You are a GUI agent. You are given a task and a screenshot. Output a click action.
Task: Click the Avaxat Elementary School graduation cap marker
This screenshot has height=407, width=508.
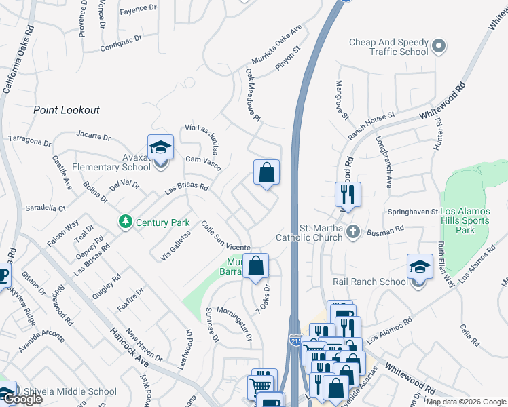point(160,147)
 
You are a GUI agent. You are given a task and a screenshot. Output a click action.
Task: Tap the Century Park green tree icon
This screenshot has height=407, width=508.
point(125,222)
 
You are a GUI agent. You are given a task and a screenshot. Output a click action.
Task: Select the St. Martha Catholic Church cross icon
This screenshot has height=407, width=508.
point(352,232)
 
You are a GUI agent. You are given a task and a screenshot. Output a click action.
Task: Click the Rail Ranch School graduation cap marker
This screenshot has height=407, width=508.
point(420,267)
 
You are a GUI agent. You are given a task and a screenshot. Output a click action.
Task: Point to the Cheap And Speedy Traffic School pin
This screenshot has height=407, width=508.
point(439,46)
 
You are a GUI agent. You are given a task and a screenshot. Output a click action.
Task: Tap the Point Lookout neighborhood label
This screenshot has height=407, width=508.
point(67,110)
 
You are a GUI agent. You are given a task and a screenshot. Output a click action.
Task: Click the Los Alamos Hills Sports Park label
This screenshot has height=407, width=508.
point(473,221)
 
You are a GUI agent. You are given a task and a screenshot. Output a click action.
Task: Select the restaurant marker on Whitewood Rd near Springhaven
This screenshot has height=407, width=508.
point(347,195)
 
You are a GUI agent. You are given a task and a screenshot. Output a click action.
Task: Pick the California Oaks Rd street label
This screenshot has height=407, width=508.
point(18,60)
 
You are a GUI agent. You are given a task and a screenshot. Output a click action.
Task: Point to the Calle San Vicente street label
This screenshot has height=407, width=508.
point(226,235)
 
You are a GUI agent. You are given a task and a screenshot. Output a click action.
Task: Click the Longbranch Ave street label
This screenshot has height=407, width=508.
point(384,162)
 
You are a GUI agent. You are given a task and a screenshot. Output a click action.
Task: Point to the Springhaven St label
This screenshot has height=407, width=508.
point(413,212)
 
